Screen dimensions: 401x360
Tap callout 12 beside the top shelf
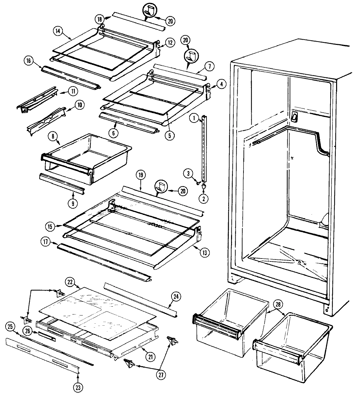(170, 43)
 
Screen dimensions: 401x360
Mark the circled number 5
(168, 136)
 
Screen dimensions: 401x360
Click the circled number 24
(176, 297)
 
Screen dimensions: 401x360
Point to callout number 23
(77, 388)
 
